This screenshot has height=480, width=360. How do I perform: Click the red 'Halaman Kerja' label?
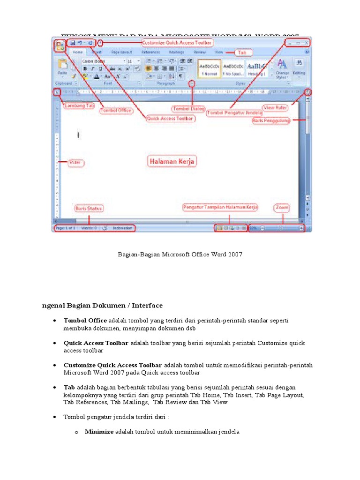(172, 161)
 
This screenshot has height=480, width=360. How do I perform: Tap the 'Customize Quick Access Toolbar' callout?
(178, 42)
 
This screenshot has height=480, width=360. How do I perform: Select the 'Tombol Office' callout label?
(116, 111)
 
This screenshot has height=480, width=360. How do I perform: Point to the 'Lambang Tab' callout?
(79, 105)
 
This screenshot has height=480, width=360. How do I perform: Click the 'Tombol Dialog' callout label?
(188, 109)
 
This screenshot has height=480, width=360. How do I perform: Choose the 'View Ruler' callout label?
(275, 107)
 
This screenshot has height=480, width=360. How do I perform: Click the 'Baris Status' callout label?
(89, 208)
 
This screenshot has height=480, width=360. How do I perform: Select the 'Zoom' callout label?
(282, 207)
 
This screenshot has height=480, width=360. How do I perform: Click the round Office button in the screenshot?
(60, 46)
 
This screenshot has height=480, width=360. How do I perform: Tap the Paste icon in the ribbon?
(62, 66)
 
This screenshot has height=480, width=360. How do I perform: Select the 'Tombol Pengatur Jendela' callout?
(235, 112)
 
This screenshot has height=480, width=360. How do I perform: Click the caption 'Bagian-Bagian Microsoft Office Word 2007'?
(180, 254)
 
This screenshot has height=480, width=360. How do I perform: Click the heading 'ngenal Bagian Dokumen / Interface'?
(102, 305)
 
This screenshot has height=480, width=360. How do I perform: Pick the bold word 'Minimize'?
(99, 432)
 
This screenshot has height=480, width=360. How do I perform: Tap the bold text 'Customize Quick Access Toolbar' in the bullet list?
(112, 365)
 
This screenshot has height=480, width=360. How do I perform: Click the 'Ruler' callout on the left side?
(75, 163)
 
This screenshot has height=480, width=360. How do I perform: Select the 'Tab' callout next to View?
(242, 52)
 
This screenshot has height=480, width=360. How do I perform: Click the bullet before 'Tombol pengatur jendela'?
(54, 416)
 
